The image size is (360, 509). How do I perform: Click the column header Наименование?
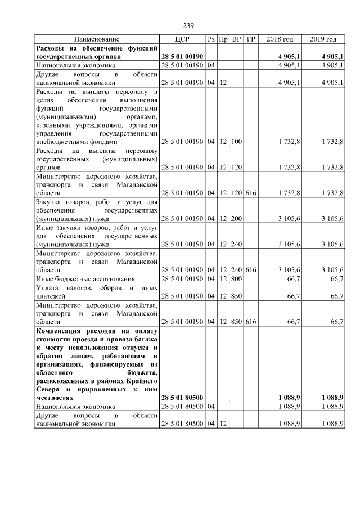pos(96,39)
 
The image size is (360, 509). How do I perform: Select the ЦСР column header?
pos(182,39)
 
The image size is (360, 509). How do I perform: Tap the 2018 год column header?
pos(280,39)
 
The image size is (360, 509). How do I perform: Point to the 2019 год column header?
pos(323,39)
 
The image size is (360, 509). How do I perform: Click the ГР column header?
pos(251,39)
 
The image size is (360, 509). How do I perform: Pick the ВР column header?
pos(236,39)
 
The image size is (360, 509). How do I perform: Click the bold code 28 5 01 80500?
pos(182,398)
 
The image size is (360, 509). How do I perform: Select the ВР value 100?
pos(236,142)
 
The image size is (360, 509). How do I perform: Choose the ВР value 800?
pos(236,278)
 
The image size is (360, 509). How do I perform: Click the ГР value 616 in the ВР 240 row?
pos(251,269)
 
